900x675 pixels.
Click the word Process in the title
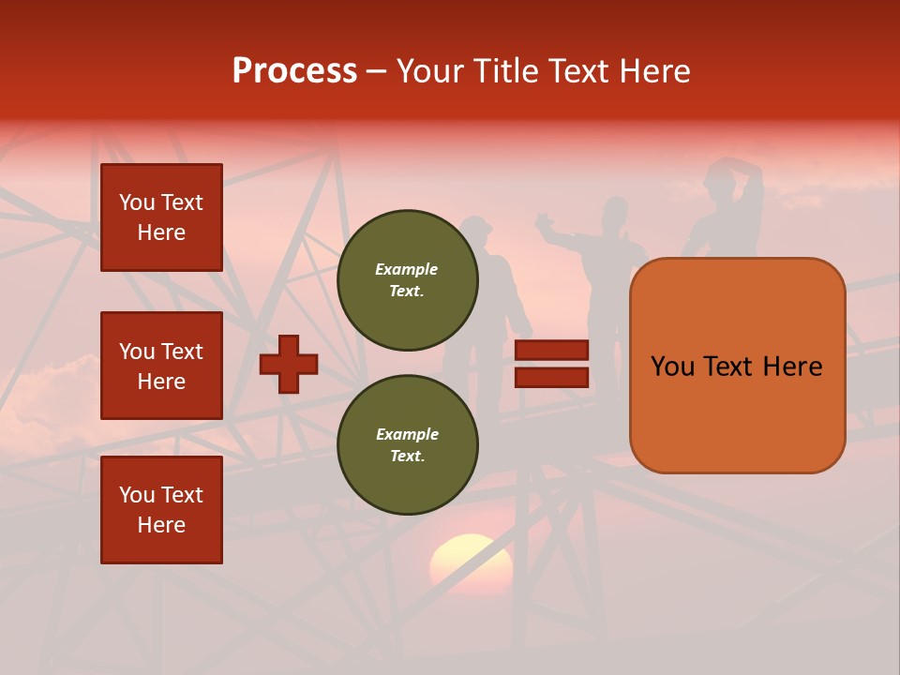tap(294, 71)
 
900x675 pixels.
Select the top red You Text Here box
tap(161, 217)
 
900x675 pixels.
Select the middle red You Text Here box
tap(161, 366)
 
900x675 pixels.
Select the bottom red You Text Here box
tap(161, 510)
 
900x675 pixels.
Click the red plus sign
tap(289, 364)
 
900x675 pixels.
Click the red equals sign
tap(552, 364)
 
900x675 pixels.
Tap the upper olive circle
tap(408, 280)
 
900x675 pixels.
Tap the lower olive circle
tap(408, 445)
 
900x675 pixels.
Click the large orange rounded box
tap(737, 366)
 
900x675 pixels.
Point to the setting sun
tap(472, 562)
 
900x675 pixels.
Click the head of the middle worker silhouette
tap(615, 210)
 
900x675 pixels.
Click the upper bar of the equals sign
tap(552, 351)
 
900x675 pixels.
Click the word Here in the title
tap(654, 71)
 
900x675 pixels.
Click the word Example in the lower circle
tap(407, 434)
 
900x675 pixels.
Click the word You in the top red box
tap(137, 202)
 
